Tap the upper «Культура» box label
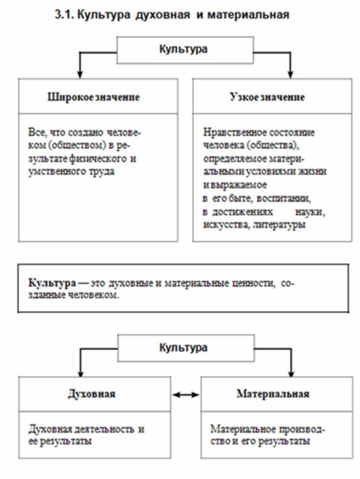click(x=183, y=49)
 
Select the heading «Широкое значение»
click(x=94, y=97)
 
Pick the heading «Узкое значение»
click(x=267, y=97)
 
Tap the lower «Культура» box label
click(x=183, y=348)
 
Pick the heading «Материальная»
click(x=273, y=393)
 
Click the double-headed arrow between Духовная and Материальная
click(x=186, y=395)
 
